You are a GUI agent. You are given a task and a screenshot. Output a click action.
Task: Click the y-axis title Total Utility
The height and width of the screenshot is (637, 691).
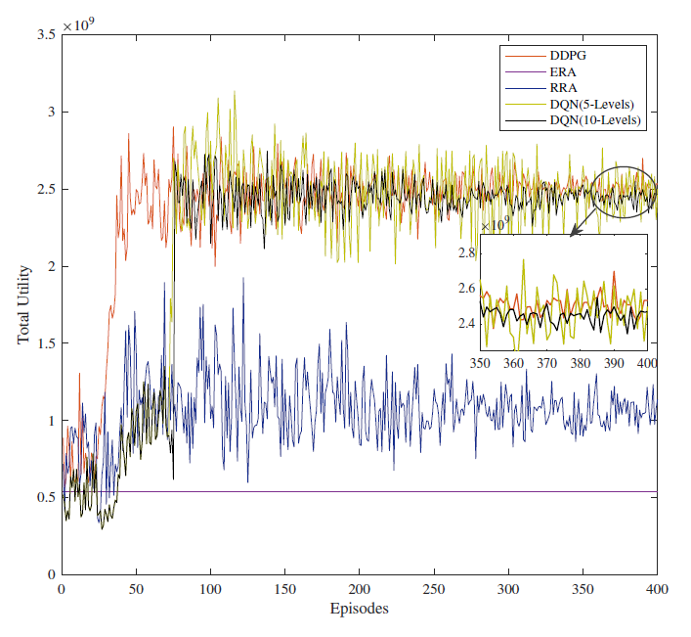click(23, 304)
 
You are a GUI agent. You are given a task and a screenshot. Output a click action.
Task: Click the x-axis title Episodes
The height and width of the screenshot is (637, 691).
click(359, 609)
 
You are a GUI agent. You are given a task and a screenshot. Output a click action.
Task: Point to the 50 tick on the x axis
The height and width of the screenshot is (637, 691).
click(136, 590)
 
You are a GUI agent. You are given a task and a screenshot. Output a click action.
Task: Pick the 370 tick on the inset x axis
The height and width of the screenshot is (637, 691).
click(547, 363)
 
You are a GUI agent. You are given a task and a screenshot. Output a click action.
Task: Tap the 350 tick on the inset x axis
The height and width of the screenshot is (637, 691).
click(480, 363)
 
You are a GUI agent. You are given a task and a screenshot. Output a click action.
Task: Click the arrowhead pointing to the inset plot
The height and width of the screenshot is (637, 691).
click(571, 232)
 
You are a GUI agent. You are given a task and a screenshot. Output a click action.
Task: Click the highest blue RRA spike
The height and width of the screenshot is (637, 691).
click(243, 278)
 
